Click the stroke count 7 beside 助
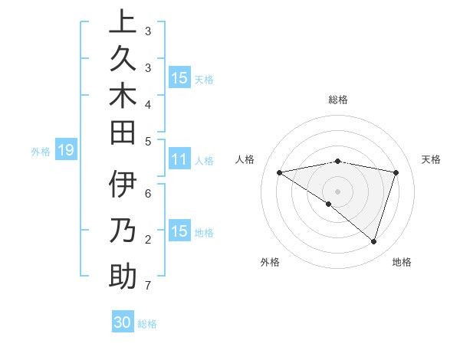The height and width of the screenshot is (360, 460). [147, 286]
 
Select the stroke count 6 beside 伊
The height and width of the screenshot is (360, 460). [147, 195]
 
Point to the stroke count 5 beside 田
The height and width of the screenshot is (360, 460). [147, 141]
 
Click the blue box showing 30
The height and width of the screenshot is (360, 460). [123, 322]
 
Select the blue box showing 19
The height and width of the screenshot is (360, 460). [66, 150]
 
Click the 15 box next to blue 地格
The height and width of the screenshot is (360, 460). [179, 231]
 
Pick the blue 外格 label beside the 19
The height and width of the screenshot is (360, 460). [41, 151]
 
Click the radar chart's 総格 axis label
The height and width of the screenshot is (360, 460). [338, 100]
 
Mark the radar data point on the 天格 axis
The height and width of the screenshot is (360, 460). [396, 172]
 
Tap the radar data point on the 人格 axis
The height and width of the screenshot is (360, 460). [280, 172]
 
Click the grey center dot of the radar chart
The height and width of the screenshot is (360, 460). [338, 191]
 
